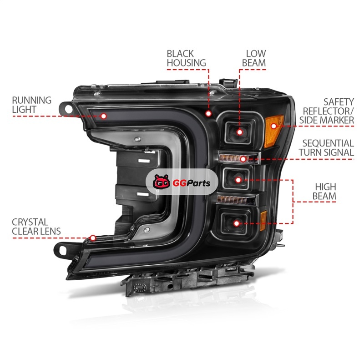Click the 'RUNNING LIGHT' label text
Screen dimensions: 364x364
(31, 105)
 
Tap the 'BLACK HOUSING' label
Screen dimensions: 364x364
(186, 58)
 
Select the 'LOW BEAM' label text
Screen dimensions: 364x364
(256, 58)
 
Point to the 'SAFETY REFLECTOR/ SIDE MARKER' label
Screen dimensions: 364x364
(326, 111)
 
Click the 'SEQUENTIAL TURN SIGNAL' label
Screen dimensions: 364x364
(327, 148)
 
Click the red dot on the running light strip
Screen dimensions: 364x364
(103, 116)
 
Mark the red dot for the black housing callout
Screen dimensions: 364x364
(208, 113)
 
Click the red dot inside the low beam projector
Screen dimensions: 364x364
(239, 132)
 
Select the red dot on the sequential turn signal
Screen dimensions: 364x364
(243, 159)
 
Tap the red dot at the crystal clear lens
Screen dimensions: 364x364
(93, 238)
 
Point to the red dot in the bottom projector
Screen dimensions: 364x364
(237, 223)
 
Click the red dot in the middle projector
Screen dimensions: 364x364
(238, 179)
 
